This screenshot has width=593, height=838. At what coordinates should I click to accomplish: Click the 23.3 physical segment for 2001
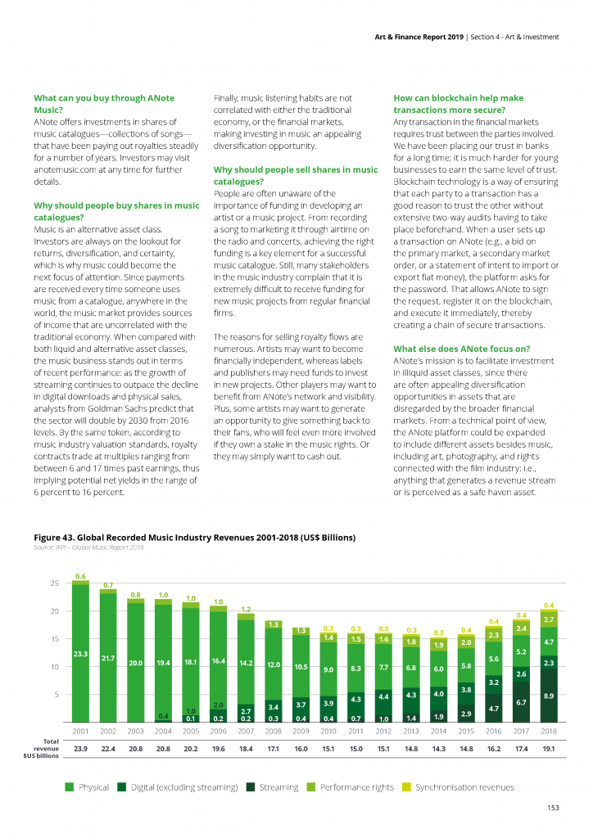click(81, 654)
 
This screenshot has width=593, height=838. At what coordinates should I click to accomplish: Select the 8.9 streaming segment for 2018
click(549, 696)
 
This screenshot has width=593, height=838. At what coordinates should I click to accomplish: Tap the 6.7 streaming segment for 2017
click(522, 701)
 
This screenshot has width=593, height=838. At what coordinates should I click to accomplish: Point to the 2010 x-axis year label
click(328, 731)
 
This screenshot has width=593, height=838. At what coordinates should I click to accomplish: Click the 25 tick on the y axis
click(55, 583)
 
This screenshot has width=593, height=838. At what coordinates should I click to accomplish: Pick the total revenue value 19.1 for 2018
click(549, 749)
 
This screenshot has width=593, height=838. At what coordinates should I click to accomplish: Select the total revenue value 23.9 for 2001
click(81, 749)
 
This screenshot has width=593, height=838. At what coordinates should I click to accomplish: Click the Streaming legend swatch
click(251, 786)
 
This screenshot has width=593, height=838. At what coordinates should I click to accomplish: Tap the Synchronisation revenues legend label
click(464, 786)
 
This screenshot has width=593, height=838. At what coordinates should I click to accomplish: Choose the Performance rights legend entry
click(351, 786)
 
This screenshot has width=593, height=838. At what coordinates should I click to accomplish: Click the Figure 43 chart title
click(195, 537)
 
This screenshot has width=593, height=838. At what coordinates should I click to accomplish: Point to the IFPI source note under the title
click(88, 547)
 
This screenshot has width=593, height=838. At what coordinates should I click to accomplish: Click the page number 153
click(553, 808)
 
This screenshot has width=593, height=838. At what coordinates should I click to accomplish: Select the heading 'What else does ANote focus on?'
click(461, 349)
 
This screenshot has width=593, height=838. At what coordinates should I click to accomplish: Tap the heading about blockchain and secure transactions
click(458, 104)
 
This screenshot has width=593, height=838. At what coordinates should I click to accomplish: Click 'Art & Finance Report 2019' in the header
click(419, 37)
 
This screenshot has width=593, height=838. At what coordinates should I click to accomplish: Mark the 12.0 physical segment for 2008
click(274, 665)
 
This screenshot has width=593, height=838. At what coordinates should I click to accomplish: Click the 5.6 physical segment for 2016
click(494, 659)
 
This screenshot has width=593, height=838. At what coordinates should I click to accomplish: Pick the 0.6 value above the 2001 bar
click(81, 576)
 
